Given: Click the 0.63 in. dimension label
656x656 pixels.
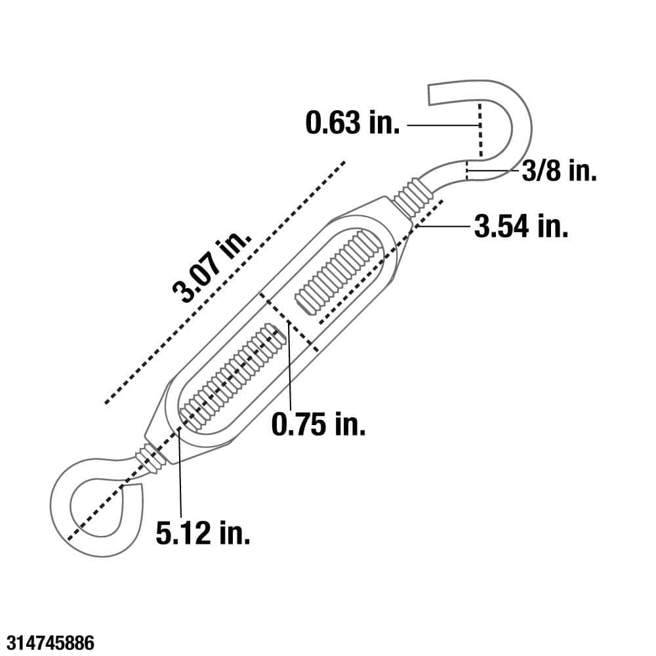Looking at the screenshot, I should [352, 123].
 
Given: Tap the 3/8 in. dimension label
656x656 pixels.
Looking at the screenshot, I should [559, 172].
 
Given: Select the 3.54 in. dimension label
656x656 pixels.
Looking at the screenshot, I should [521, 227].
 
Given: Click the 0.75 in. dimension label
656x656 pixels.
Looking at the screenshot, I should [318, 425].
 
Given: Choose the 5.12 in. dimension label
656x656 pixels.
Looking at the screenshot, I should [203, 533].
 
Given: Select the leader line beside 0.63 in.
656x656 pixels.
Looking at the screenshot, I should [439, 124].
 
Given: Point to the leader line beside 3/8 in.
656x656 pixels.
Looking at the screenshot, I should [493, 172].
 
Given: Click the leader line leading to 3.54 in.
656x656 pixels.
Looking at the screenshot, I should [443, 227].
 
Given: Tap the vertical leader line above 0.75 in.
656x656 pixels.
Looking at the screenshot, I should [289, 367].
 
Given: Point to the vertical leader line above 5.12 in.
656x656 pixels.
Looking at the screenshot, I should [178, 472].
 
